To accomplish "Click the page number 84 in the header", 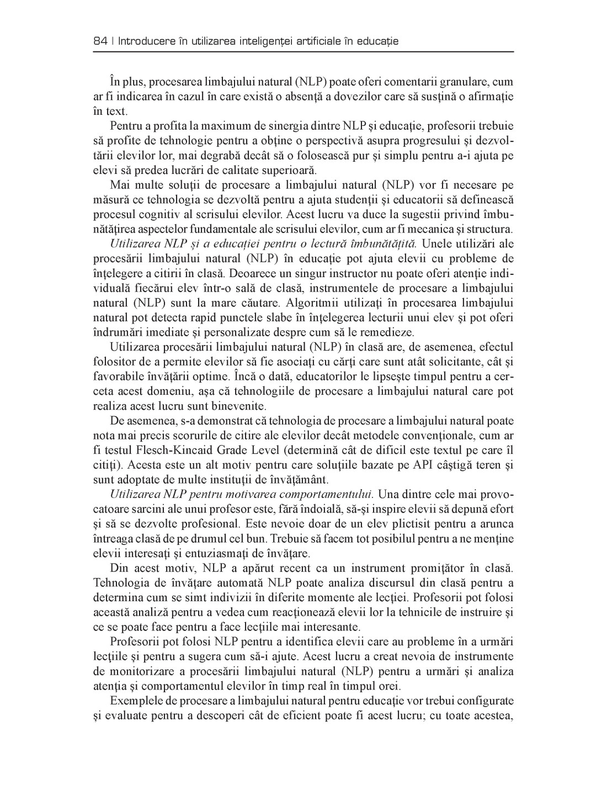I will coord(100,41).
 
